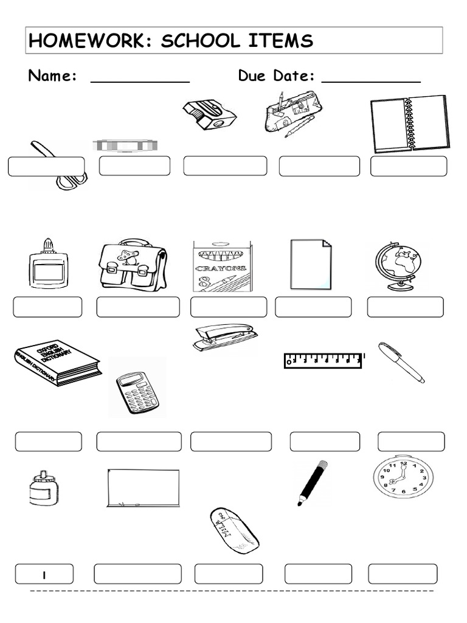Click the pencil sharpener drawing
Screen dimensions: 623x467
[x=209, y=114]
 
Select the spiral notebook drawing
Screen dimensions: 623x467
[x=409, y=124]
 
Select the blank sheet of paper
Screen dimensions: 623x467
[x=311, y=264]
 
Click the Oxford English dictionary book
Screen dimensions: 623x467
[x=57, y=363]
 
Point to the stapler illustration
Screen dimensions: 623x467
[x=222, y=337]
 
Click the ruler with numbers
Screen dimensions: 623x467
[x=323, y=360]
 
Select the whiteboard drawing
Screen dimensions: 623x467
[x=144, y=487]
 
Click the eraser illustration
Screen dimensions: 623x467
[x=234, y=530]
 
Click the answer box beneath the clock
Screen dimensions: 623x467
[x=403, y=574]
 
